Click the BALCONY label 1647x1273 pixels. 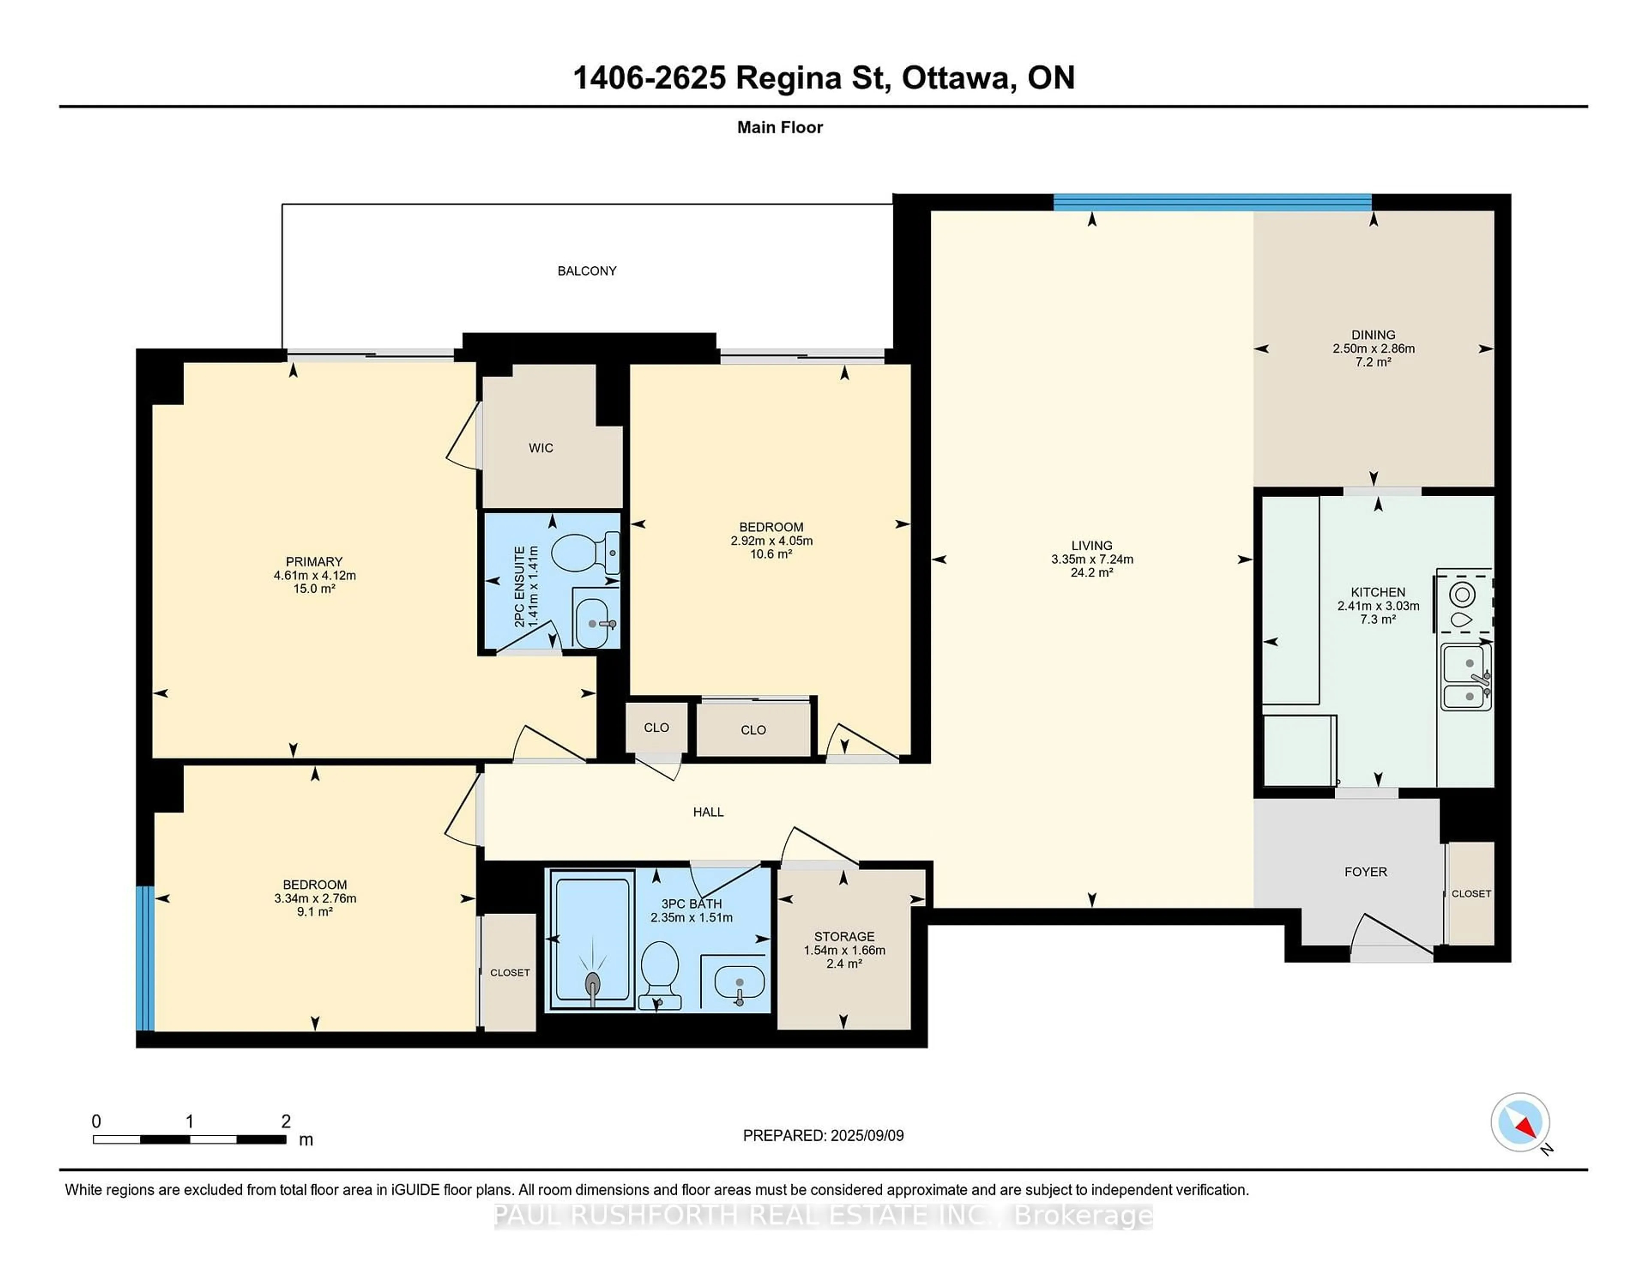click(587, 271)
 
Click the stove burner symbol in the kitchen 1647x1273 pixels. click(1462, 595)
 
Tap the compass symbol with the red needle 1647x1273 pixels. click(1520, 1122)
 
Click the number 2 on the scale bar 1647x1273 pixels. click(286, 1122)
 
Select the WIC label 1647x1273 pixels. click(541, 448)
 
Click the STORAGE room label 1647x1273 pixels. click(844, 937)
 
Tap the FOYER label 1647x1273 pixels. click(1365, 872)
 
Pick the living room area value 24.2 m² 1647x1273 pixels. click(1091, 573)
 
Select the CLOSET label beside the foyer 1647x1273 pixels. click(1471, 894)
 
